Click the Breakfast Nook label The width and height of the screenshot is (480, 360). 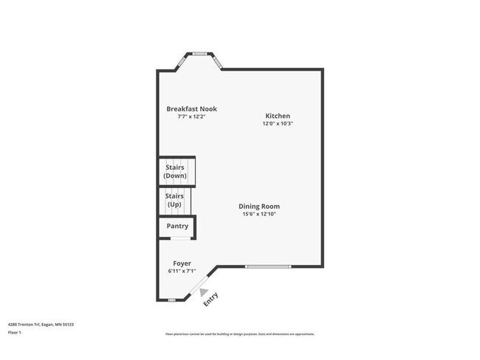(191, 109)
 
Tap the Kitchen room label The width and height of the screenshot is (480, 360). (278, 116)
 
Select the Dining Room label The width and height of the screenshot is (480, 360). (258, 207)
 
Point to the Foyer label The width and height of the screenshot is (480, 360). (182, 263)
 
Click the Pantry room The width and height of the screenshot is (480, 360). (177, 226)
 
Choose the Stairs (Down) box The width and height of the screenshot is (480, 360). (176, 172)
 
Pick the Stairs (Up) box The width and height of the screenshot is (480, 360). (175, 200)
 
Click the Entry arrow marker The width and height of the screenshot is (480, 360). (205, 291)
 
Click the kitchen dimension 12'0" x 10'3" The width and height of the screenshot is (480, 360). (278, 124)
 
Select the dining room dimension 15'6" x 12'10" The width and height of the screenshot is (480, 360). (258, 214)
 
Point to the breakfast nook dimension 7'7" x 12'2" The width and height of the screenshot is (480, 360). (191, 117)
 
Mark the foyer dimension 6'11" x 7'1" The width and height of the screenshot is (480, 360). (182, 271)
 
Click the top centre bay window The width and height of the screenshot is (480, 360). (199, 53)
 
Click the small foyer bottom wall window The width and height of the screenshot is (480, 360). (171, 300)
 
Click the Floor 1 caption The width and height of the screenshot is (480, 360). (15, 333)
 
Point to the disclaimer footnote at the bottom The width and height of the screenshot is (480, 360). (239, 334)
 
